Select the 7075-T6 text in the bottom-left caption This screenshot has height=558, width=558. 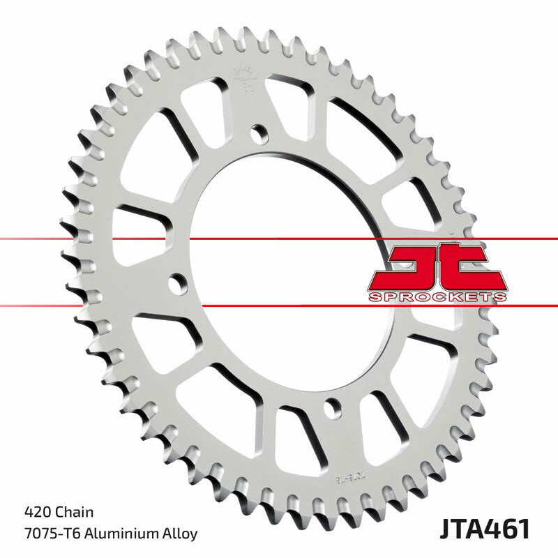(x=44, y=534)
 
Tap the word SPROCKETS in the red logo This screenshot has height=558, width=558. (x=437, y=297)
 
